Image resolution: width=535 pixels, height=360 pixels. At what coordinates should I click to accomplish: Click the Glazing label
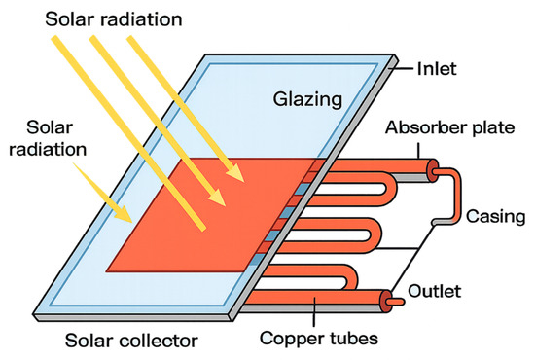[x=307, y=100]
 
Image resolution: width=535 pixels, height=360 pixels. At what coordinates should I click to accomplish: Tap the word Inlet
[x=437, y=69]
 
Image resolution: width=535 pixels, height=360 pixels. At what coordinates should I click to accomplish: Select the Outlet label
[x=435, y=291]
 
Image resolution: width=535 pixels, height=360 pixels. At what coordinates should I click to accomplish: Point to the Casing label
[x=495, y=216]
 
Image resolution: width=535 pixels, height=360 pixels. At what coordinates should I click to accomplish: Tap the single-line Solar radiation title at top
[x=113, y=19]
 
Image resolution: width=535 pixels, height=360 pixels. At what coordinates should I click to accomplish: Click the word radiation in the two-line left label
[x=48, y=150]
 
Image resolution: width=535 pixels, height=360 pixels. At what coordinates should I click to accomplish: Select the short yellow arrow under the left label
[x=102, y=192]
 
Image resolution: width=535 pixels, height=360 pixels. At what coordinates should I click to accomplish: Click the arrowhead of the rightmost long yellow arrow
[x=236, y=172]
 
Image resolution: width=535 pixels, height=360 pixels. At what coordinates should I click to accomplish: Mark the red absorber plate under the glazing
[x=204, y=215]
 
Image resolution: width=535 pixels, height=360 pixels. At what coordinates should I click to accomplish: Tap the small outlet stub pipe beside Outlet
[x=397, y=302]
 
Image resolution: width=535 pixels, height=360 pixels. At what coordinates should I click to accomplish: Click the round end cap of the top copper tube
[x=433, y=170]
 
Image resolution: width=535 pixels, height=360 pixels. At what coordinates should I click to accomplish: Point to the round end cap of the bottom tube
[x=385, y=302]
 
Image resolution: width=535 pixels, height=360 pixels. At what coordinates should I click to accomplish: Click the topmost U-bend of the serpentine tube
[x=391, y=189]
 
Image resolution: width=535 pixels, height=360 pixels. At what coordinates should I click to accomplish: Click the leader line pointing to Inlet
[x=403, y=68]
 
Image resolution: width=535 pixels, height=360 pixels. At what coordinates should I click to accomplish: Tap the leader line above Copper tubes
[x=314, y=311]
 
